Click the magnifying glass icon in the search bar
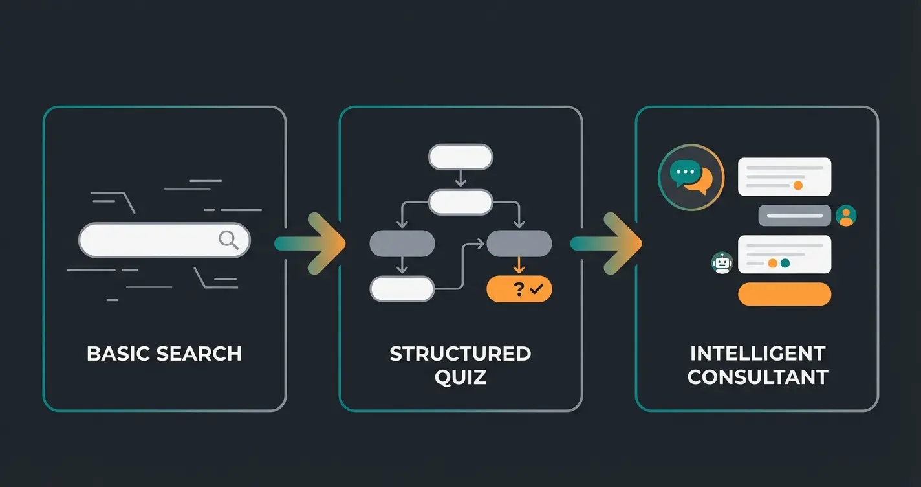(228, 240)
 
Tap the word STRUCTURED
(460, 354)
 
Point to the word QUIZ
(460, 377)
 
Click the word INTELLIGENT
(757, 354)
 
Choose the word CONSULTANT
(757, 377)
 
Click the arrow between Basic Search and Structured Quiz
(310, 243)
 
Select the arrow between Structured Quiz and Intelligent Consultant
(606, 243)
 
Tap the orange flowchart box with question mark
(519, 289)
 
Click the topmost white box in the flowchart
(460, 157)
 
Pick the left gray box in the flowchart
(402, 243)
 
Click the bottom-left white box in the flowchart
(402, 289)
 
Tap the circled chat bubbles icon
(691, 176)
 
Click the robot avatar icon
(722, 262)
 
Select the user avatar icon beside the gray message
(846, 216)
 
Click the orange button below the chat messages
(784, 294)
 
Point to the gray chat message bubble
(794, 216)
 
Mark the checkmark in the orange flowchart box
(536, 289)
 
